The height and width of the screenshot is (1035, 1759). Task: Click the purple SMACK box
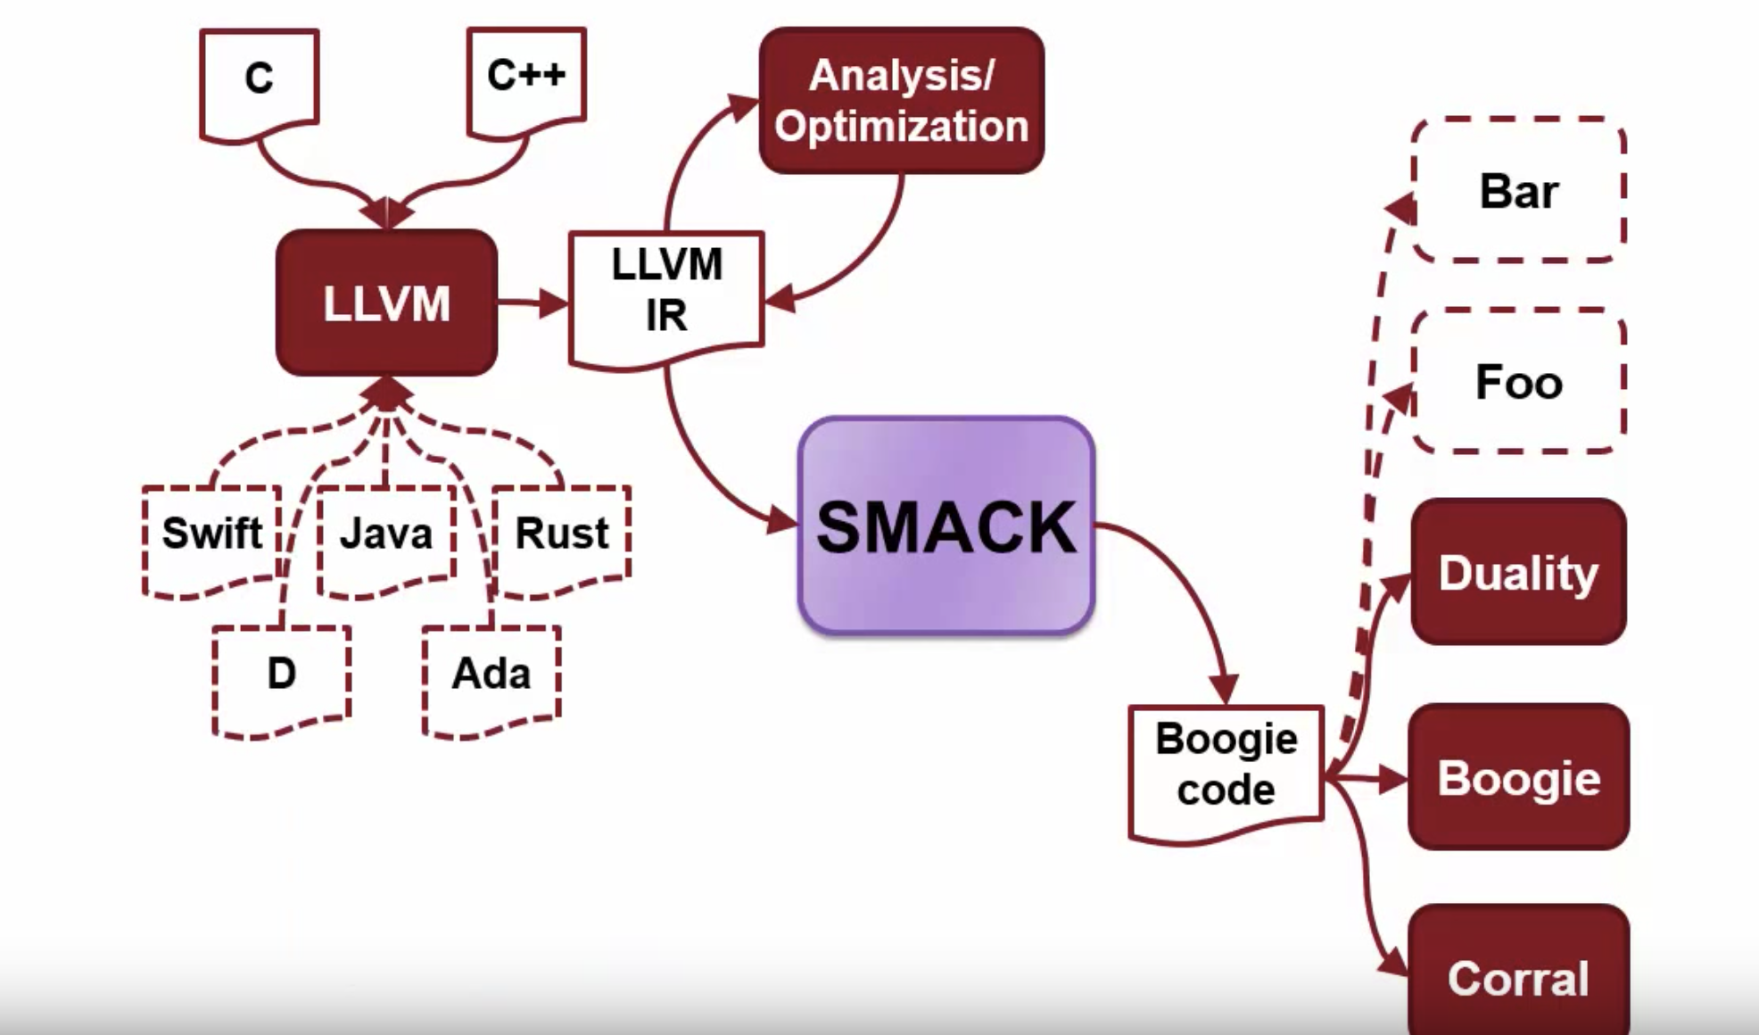point(946,526)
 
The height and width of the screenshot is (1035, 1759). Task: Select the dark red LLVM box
point(386,303)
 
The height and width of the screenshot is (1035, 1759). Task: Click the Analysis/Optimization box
point(901,100)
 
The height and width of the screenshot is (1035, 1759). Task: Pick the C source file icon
point(259,80)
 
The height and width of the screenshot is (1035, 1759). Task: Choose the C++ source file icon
point(526,76)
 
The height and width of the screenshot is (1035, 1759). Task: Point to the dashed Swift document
point(211,535)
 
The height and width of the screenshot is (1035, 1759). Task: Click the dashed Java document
point(386,535)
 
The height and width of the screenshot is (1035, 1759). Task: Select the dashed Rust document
point(562,535)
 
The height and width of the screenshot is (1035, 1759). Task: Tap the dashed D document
point(281,675)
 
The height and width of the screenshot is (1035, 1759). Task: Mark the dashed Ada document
point(491,675)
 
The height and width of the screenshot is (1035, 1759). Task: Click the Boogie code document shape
point(1226,767)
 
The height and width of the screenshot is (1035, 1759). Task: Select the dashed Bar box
point(1518,190)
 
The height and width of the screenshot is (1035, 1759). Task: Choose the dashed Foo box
point(1518,382)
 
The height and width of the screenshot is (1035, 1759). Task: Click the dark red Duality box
point(1518,572)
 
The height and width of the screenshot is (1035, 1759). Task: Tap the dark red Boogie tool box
point(1518,777)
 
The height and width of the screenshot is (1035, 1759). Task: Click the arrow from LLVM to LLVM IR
point(532,303)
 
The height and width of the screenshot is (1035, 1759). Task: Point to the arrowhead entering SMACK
point(782,520)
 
